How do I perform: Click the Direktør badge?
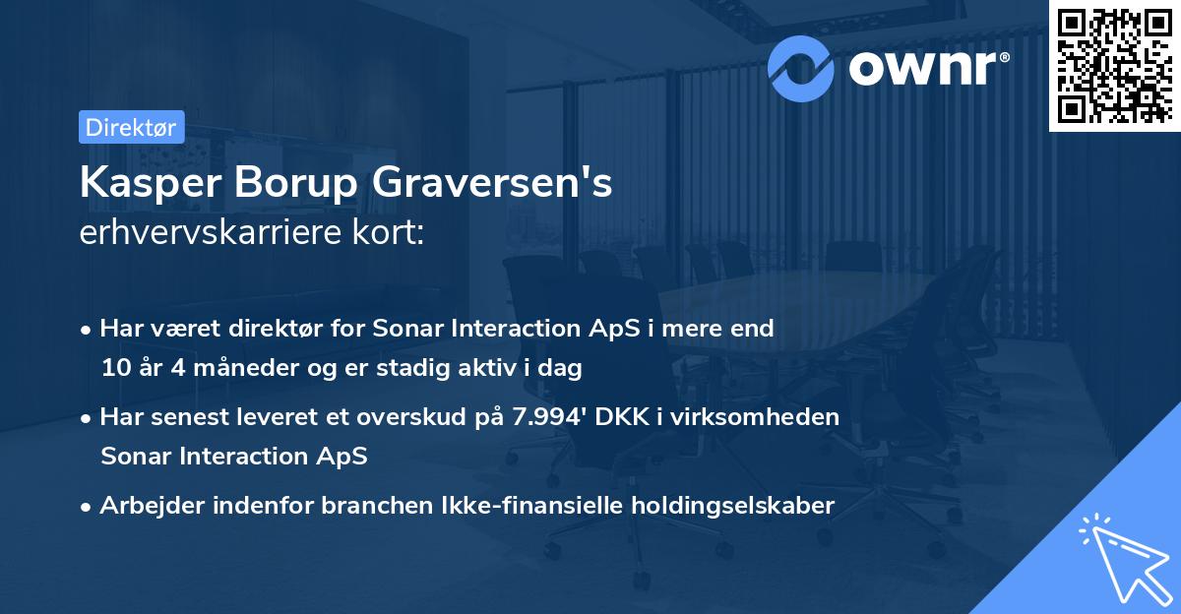(131, 127)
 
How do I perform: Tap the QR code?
(1113, 65)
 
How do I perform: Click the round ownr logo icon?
(801, 68)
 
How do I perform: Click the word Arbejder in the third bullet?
(147, 506)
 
